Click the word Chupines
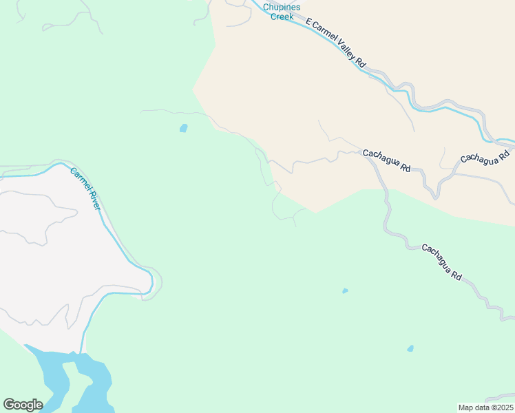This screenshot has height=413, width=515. coord(282,8)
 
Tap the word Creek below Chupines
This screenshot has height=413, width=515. coord(282,17)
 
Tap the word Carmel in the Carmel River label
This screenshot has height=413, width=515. coord(78,177)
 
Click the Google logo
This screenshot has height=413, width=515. coord(23,405)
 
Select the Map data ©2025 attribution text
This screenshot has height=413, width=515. coord(486,407)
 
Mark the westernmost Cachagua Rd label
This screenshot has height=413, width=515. coord(386,160)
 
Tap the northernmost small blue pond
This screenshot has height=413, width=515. coord(183,127)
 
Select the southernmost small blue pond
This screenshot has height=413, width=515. coord(410,348)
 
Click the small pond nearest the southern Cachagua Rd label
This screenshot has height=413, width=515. coord(345,290)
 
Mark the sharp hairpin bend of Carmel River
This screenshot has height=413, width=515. coord(150,281)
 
